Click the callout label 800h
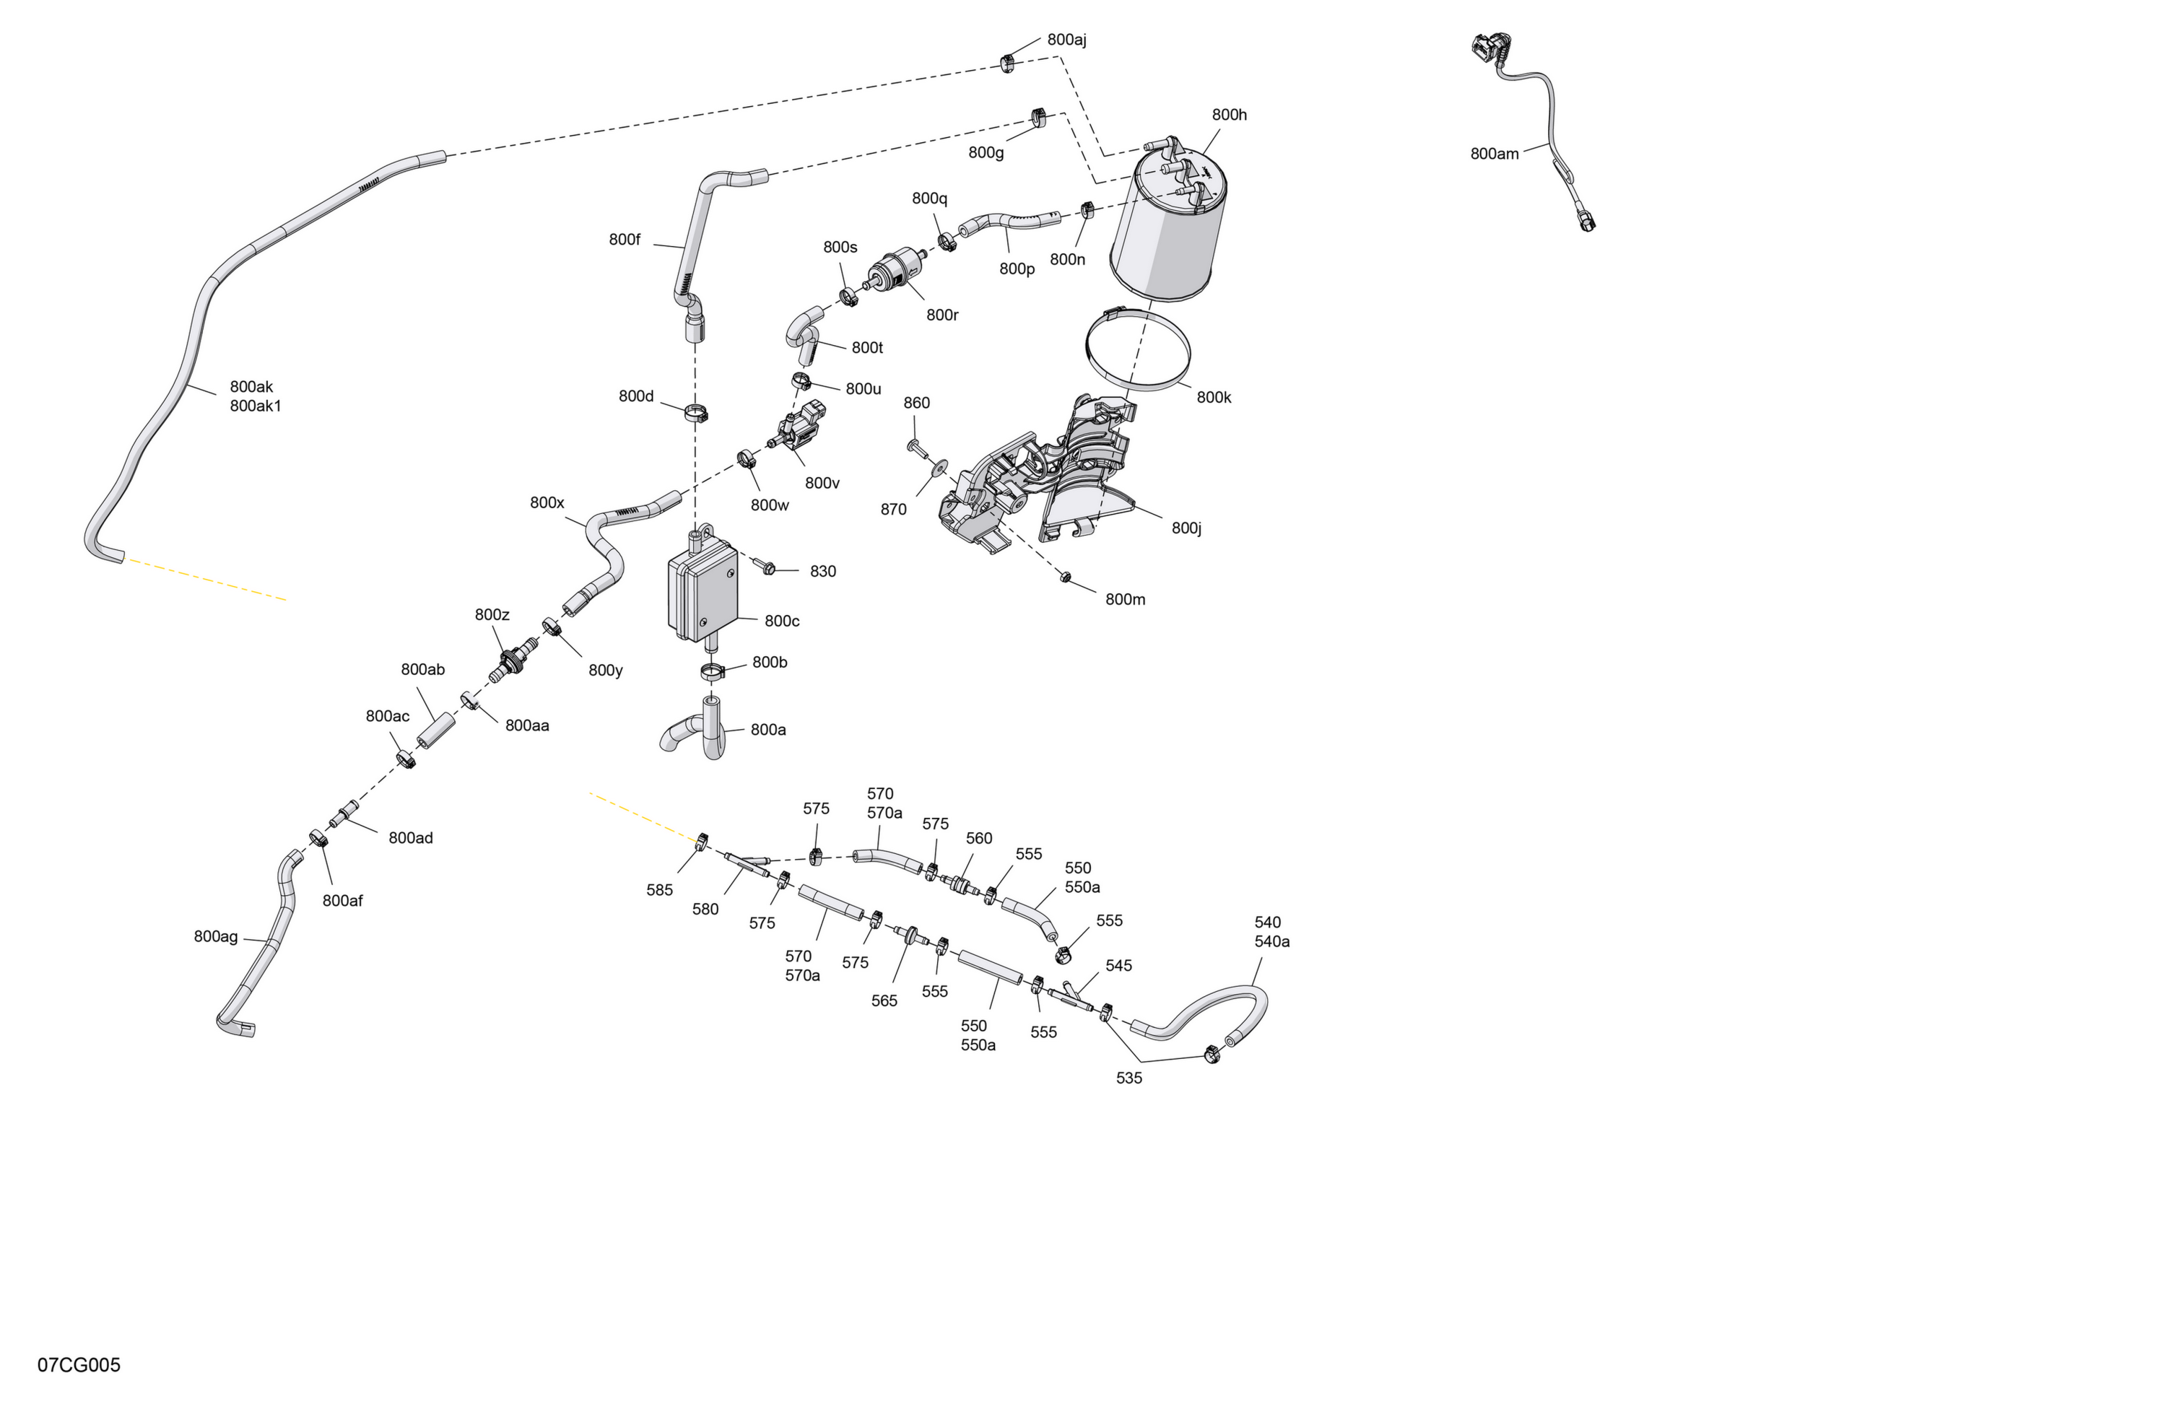tap(1229, 115)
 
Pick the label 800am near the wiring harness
tap(1495, 154)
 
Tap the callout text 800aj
tap(1066, 40)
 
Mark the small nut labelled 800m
tap(1066, 577)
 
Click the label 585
tap(660, 890)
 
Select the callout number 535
tap(1128, 1078)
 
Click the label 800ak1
tap(256, 406)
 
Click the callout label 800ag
tap(216, 936)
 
